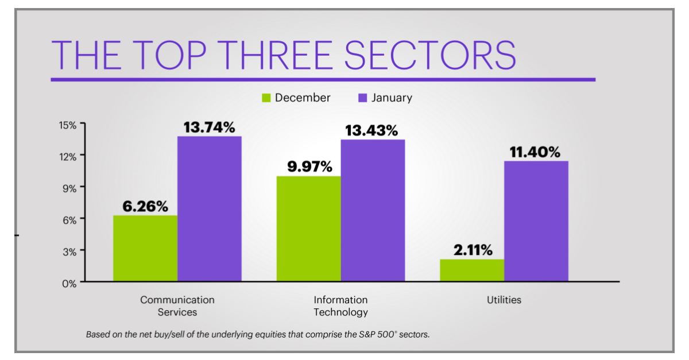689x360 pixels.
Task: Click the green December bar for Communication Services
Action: click(x=145, y=248)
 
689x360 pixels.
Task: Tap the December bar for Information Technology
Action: click(x=308, y=229)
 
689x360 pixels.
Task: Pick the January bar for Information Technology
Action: click(x=373, y=210)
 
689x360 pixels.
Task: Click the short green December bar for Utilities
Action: click(x=472, y=270)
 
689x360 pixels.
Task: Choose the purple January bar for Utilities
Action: click(x=536, y=221)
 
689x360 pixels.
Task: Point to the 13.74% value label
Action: click(x=209, y=127)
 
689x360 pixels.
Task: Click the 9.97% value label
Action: click(x=309, y=167)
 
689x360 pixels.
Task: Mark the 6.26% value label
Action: click(x=145, y=206)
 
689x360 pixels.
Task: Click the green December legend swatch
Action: click(x=266, y=98)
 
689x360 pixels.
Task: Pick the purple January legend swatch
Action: click(x=362, y=98)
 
